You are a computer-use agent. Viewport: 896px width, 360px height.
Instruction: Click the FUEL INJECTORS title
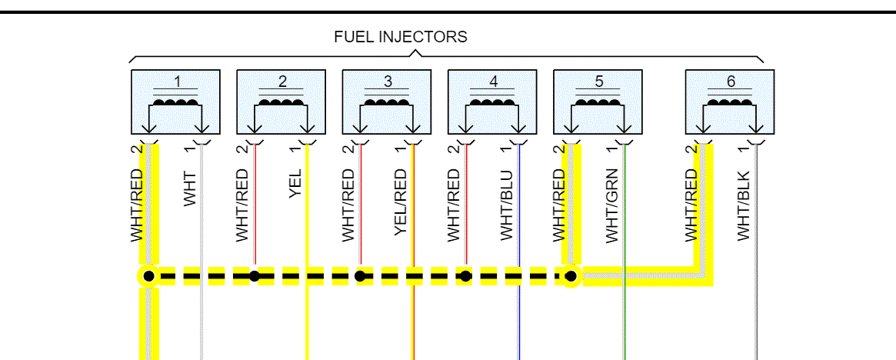400,37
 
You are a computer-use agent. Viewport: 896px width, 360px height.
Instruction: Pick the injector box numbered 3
387,101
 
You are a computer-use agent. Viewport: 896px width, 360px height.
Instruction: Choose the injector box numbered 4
492,101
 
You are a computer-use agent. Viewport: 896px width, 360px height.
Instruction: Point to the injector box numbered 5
598,101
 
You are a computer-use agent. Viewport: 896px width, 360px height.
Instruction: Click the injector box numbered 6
730,101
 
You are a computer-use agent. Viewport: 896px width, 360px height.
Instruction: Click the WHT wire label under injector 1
190,188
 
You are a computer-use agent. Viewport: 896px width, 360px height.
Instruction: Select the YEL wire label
295,184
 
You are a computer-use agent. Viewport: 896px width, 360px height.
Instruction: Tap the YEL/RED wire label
401,205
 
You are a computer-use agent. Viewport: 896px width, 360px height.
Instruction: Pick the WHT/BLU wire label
506,205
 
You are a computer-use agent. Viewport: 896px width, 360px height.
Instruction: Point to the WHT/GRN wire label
612,205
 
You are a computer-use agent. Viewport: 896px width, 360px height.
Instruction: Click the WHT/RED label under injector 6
691,205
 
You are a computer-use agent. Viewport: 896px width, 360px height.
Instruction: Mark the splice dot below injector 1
148,275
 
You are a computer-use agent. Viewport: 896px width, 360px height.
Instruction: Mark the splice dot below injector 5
571,275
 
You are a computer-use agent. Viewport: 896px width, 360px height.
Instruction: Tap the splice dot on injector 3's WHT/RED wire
360,275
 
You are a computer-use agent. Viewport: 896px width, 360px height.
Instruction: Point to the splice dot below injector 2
255,275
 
